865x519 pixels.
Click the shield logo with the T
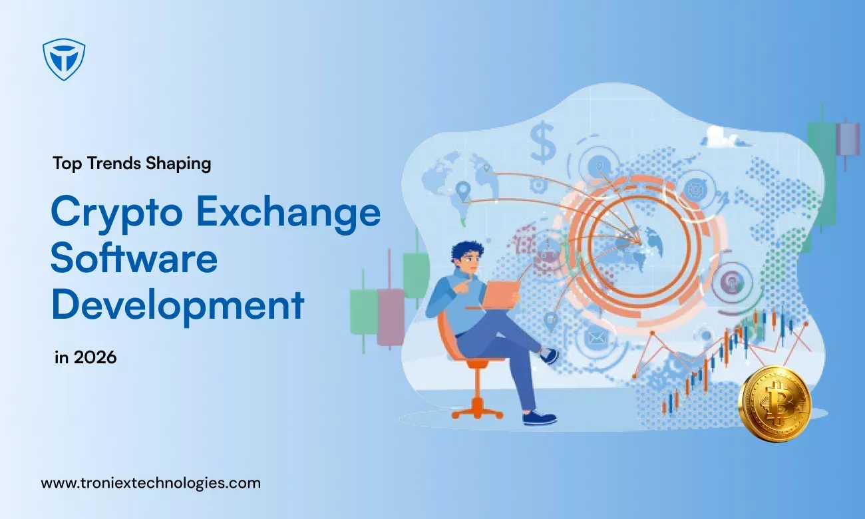[x=64, y=59]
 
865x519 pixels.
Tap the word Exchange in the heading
[x=289, y=212]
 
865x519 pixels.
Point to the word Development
[x=178, y=306]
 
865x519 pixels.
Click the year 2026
[x=95, y=357]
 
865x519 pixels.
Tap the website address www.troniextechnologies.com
[x=150, y=484]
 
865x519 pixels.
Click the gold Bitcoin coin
[x=775, y=403]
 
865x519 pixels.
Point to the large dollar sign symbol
[x=542, y=142]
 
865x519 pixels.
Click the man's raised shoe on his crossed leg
[x=548, y=355]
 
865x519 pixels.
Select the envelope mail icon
[x=596, y=339]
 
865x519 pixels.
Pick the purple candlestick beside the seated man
[x=390, y=317]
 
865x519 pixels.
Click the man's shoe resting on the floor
[x=540, y=419]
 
